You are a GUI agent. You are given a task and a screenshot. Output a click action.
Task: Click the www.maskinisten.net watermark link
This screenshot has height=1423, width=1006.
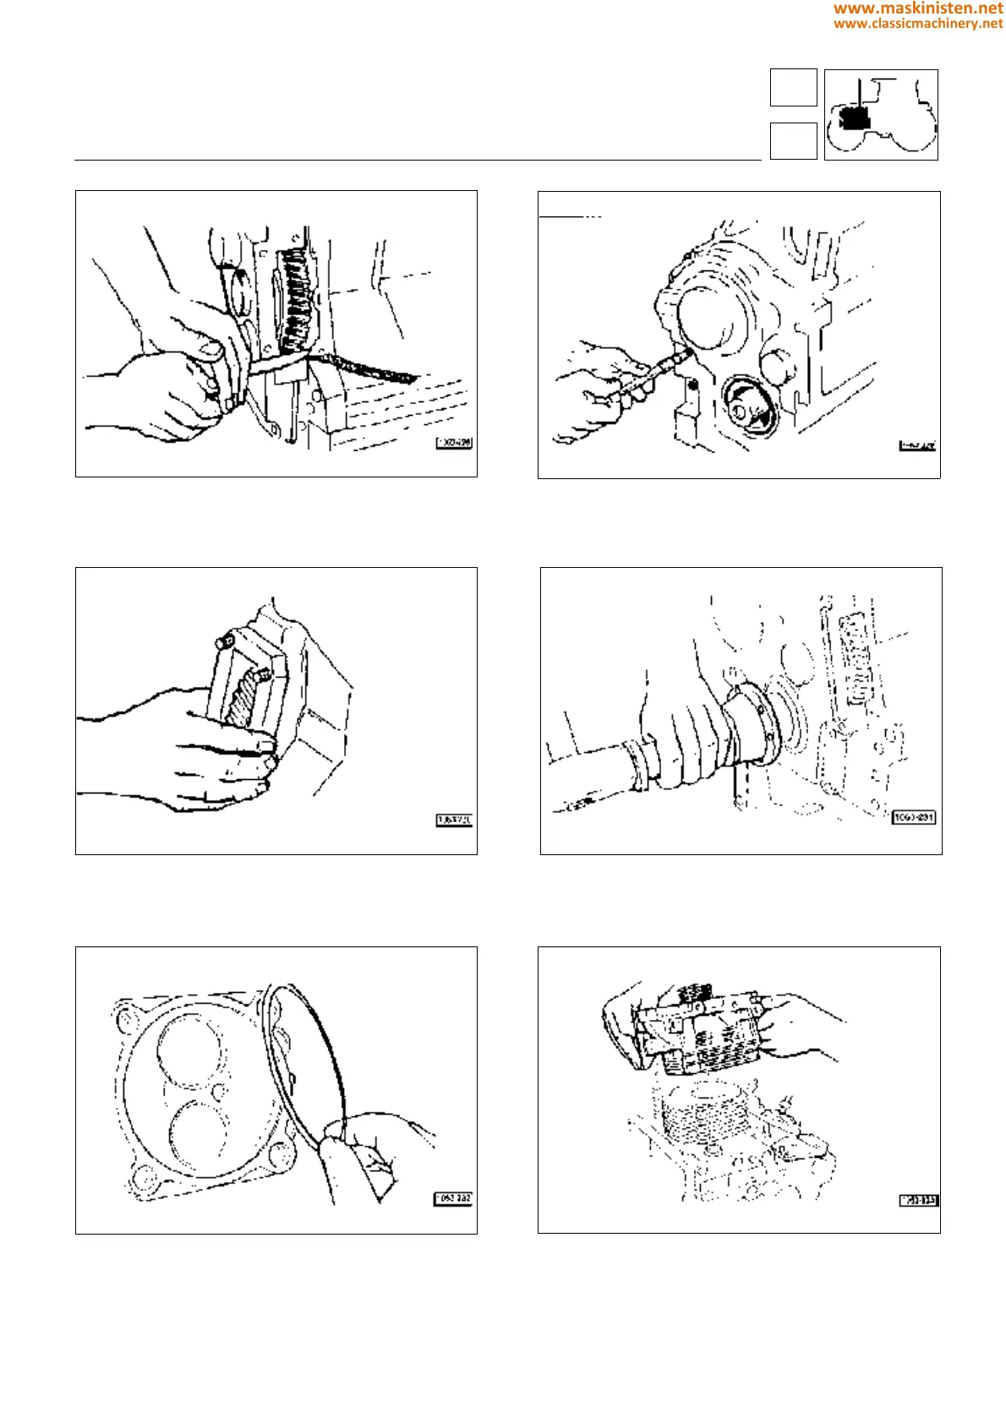point(917,8)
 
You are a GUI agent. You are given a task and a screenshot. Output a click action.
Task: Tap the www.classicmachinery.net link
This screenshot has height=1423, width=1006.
point(917,24)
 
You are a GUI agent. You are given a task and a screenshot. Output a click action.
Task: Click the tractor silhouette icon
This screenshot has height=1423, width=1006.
point(881,115)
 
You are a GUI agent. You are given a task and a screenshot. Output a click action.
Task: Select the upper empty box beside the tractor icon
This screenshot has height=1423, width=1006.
point(793,87)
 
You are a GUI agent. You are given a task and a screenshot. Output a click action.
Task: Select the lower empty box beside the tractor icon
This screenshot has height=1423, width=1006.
point(793,140)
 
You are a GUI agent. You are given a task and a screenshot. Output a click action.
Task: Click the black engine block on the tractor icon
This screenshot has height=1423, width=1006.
point(856,118)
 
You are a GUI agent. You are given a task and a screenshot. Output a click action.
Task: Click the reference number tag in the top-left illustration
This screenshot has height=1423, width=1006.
point(454,443)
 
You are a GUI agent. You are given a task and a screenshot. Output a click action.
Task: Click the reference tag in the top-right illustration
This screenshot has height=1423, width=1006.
point(917,445)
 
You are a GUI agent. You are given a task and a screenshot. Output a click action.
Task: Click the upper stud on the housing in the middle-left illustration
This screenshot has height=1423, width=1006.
point(224,642)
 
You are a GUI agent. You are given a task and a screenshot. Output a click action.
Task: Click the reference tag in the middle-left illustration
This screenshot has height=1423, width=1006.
point(454,820)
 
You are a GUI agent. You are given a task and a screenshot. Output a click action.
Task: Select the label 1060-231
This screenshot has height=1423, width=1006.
point(914,817)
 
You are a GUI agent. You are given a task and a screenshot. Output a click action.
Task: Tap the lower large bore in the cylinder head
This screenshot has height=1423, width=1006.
point(199,1137)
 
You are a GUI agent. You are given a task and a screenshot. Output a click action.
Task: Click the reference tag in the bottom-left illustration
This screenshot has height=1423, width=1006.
point(453,1198)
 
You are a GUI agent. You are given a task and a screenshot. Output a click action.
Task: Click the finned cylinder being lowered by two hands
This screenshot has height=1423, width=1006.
point(702,1035)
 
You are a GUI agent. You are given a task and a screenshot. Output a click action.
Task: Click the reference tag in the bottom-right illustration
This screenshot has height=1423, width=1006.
point(918,1200)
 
